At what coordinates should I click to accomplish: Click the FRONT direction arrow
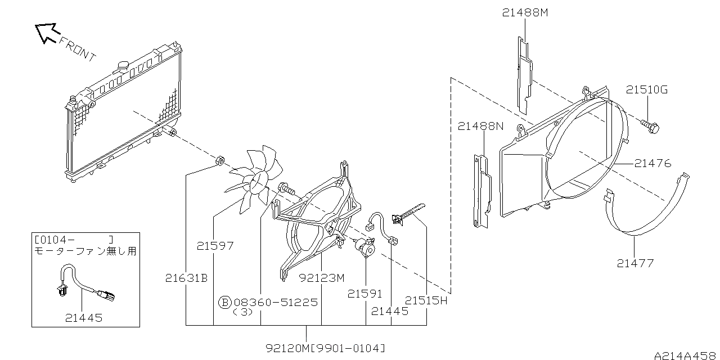click(x=47, y=33)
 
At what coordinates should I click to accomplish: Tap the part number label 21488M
click(x=525, y=12)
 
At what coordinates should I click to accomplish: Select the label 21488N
click(x=480, y=126)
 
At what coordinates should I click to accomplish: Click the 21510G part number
click(x=647, y=89)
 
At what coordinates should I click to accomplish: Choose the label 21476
click(x=653, y=163)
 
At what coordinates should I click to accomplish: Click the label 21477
click(x=635, y=263)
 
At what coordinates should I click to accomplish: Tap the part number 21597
click(x=215, y=246)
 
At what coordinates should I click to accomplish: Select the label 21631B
click(x=186, y=278)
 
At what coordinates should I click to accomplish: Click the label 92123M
click(x=322, y=278)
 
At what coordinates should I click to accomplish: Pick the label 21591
click(x=365, y=294)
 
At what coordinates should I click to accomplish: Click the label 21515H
click(x=426, y=300)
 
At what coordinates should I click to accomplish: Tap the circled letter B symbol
click(x=224, y=302)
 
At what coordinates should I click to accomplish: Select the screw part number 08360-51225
click(x=276, y=302)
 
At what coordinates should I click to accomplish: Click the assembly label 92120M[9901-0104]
click(x=325, y=348)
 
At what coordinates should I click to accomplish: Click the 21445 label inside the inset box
click(x=84, y=318)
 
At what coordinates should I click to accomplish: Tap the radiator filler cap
click(x=123, y=65)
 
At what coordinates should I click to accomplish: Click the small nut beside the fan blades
click(x=220, y=160)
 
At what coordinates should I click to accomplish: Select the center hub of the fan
click(x=258, y=182)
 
